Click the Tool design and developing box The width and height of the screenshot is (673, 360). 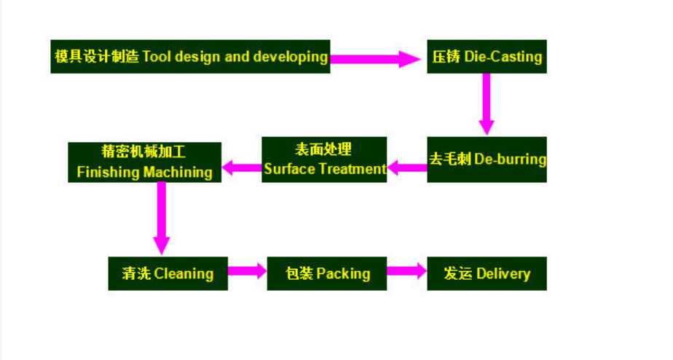pyautogui.click(x=190, y=57)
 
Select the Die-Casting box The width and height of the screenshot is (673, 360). pyautogui.click(x=487, y=57)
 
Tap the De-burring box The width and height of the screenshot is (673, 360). pyautogui.click(x=487, y=160)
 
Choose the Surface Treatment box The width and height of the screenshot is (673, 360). pyautogui.click(x=324, y=160)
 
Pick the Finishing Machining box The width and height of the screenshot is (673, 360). pyautogui.click(x=145, y=163)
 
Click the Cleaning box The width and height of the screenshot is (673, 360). pyautogui.click(x=168, y=274)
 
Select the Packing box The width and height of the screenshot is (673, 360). pyautogui.click(x=326, y=274)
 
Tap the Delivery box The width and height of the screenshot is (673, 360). pyautogui.click(x=487, y=274)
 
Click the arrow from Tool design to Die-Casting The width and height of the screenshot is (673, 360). pyautogui.click(x=375, y=59)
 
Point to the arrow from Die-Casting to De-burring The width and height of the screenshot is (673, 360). pyautogui.click(x=487, y=104)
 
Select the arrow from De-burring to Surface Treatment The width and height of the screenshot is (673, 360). pyautogui.click(x=407, y=168)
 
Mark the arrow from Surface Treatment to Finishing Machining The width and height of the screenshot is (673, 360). pyautogui.click(x=242, y=168)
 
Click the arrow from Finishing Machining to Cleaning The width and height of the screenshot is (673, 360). pyautogui.click(x=162, y=218)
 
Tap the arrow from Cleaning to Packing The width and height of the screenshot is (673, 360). pyautogui.click(x=247, y=270)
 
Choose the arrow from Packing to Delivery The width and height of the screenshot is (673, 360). pyautogui.click(x=407, y=270)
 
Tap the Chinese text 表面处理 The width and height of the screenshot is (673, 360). pyautogui.click(x=323, y=149)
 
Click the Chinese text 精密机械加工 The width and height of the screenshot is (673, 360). pyautogui.click(x=143, y=152)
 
